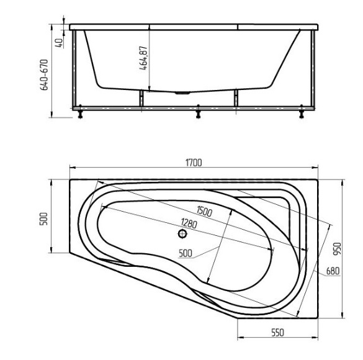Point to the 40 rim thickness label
(x=58, y=43)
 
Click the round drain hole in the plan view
(x=182, y=235)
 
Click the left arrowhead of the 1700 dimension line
(x=71, y=168)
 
